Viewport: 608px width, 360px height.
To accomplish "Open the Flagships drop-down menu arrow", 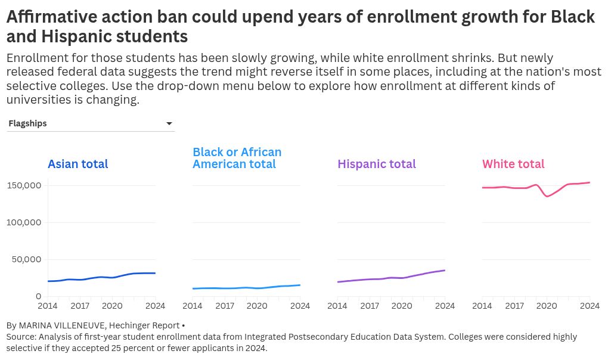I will (x=169, y=123).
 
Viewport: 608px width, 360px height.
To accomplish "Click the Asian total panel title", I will (x=77, y=164).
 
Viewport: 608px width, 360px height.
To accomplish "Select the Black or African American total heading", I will (x=237, y=158).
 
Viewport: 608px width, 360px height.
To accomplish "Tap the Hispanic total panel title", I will (x=377, y=164).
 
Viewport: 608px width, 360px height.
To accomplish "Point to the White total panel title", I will (x=513, y=164).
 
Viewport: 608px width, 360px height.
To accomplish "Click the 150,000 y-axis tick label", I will (x=24, y=185).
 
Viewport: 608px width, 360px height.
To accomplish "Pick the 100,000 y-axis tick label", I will (x=24, y=222).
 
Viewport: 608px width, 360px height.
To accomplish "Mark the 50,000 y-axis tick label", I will (x=27, y=259).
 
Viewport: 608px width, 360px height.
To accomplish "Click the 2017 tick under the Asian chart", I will (x=80, y=306).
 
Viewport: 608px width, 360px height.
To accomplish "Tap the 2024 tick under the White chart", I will (x=590, y=306).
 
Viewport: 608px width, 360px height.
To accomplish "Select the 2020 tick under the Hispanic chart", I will (x=402, y=306).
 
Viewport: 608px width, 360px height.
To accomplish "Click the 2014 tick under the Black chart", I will (x=193, y=306).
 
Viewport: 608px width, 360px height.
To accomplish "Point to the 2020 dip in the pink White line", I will (x=547, y=196).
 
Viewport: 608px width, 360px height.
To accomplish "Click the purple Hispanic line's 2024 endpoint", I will (x=445, y=271).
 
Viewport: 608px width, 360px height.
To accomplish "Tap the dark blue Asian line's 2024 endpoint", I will (x=155, y=273).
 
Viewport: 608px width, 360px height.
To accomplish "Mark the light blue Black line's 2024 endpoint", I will (x=300, y=285).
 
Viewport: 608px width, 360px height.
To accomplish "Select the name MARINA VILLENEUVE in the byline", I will (x=98, y=325).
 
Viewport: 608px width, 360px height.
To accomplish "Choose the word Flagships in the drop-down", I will (x=27, y=123).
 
